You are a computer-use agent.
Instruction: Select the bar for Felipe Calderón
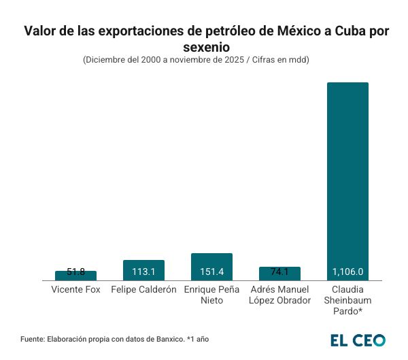(143, 270)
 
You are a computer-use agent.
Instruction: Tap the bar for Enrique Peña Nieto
(211, 266)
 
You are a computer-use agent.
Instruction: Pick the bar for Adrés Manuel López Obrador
(279, 274)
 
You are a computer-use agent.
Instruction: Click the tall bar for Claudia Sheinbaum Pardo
(347, 177)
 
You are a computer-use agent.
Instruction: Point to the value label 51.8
(75, 272)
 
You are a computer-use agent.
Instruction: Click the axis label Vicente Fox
(75, 289)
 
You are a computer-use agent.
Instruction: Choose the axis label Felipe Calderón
(143, 289)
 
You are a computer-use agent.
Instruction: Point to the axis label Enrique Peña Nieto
(211, 295)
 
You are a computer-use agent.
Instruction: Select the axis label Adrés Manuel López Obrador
(279, 295)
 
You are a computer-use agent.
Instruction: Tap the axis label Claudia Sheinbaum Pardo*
(347, 300)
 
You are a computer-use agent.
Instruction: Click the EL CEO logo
(358, 340)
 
